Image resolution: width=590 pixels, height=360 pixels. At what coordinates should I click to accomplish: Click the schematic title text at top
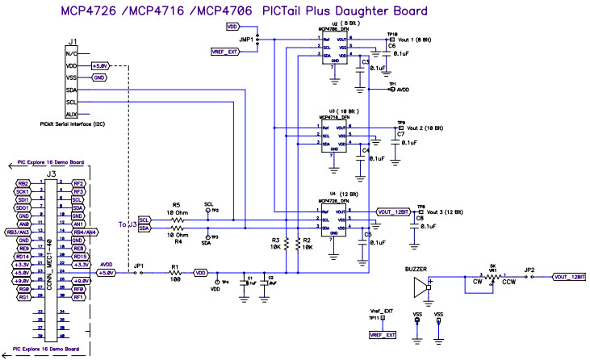[x=242, y=10]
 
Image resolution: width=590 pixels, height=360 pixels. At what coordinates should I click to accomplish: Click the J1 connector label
[x=73, y=41]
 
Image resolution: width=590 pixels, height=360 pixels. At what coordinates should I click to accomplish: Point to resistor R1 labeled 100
[x=174, y=274]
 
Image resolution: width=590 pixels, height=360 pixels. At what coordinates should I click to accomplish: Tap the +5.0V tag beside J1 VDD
[x=99, y=65]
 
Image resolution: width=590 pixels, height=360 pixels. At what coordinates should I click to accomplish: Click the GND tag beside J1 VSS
[x=99, y=77]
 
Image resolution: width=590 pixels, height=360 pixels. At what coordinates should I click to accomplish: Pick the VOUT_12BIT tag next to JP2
[x=568, y=277]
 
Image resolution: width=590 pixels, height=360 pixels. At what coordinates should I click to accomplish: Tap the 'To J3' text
[x=127, y=224]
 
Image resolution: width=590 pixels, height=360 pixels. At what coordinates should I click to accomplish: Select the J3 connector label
[x=51, y=173]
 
